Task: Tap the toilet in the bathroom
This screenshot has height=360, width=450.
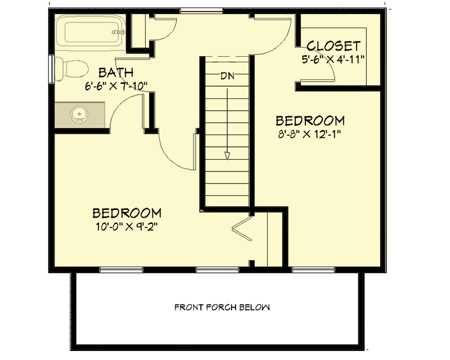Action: tap(74, 68)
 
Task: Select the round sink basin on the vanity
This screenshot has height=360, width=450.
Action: tap(80, 114)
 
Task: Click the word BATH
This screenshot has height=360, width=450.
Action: tap(116, 73)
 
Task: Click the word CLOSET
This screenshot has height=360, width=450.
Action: tap(334, 46)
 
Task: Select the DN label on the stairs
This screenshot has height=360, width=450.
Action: tap(227, 75)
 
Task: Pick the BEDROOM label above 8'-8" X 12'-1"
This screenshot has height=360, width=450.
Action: tap(310, 121)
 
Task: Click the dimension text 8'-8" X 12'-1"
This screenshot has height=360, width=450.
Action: tap(310, 134)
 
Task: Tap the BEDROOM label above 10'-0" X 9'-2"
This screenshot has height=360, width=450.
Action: tap(127, 214)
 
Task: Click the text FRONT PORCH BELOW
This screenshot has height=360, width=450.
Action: tap(222, 308)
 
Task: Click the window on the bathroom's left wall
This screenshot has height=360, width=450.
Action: tap(52, 69)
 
